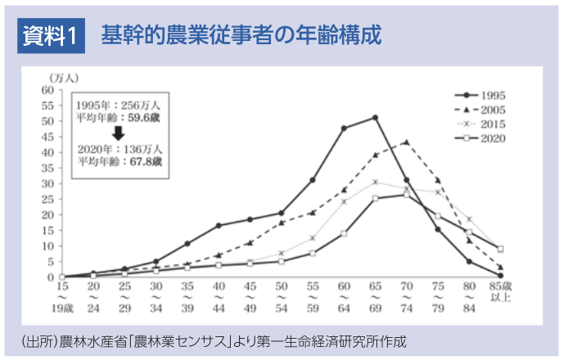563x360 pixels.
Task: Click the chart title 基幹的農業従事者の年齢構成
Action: pos(241,36)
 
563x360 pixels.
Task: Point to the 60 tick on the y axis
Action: pos(47,89)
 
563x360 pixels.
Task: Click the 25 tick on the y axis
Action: pos(47,199)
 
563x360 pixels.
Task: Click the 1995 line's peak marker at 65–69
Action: pos(375,118)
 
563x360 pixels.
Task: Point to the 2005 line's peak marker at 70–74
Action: pos(407,142)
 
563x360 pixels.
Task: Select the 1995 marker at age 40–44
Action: pos(218,225)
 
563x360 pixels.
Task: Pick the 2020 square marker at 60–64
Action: pos(344,233)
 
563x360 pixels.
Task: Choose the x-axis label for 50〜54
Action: pos(281,298)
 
